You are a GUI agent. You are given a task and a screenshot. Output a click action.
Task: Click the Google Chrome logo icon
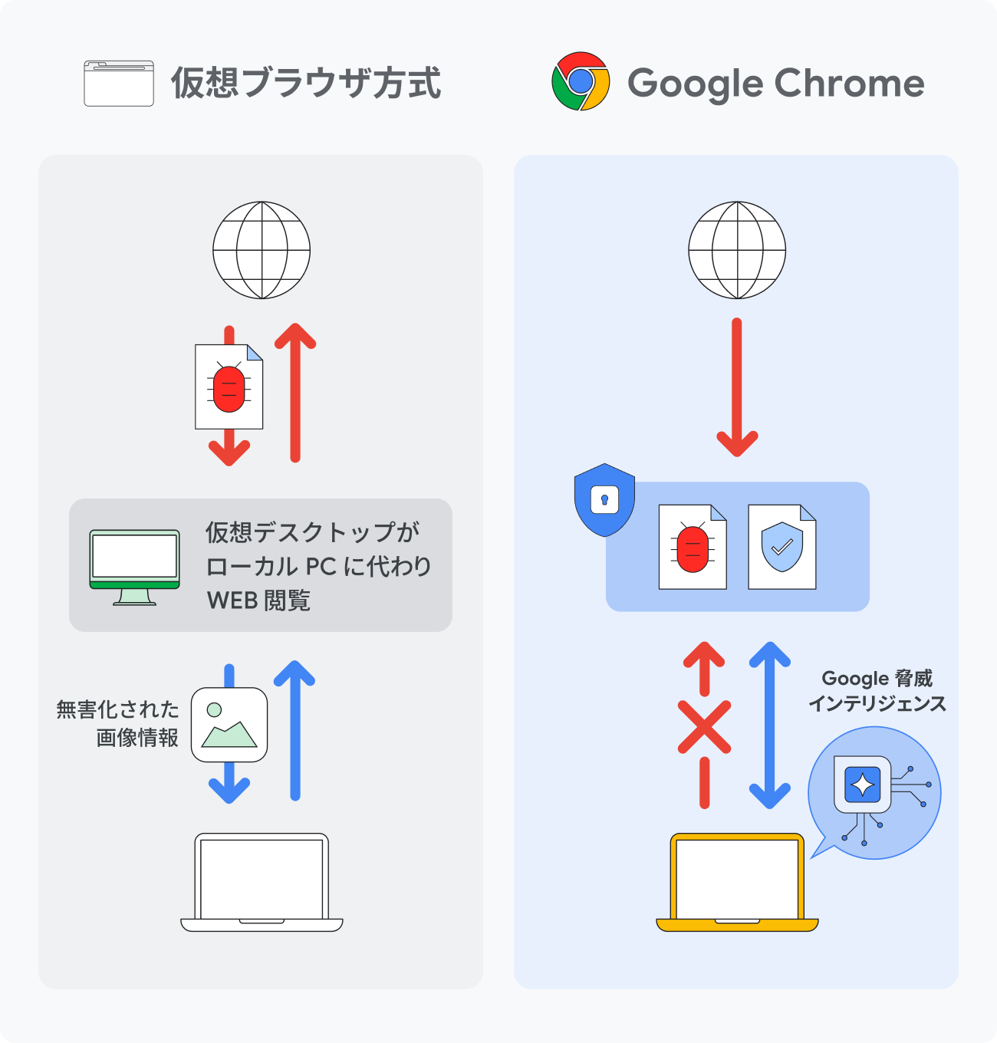tap(581, 81)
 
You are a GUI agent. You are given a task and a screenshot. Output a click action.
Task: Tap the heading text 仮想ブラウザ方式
tap(305, 83)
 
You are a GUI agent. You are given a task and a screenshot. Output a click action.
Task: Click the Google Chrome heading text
tap(775, 83)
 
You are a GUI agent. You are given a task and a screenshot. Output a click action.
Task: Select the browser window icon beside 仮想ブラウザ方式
tap(119, 83)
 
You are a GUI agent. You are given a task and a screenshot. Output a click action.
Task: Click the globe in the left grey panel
tap(262, 250)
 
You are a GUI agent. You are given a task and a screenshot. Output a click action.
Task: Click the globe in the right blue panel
tap(737, 250)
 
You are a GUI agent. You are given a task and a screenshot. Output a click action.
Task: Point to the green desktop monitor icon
tap(135, 567)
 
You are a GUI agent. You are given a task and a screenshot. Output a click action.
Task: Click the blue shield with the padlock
tap(604, 500)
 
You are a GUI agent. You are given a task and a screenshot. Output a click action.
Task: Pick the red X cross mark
tap(704, 726)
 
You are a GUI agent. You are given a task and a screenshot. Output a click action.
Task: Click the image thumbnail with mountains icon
tap(229, 725)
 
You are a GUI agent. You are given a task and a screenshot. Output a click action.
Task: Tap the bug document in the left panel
tap(229, 387)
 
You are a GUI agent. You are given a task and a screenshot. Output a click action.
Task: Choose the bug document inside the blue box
tap(693, 547)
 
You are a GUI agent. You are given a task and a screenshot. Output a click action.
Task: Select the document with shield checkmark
tap(781, 547)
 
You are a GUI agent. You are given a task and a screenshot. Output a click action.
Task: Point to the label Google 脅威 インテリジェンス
tap(877, 691)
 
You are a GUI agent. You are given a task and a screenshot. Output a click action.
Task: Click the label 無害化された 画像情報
tap(118, 723)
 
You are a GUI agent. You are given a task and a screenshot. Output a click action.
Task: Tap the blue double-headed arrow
tap(769, 725)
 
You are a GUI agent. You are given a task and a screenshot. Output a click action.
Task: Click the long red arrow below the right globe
tap(737, 387)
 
